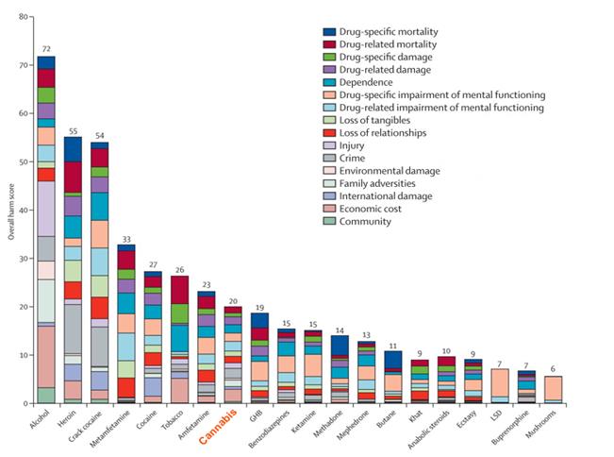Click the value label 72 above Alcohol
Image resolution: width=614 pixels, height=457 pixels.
point(45,47)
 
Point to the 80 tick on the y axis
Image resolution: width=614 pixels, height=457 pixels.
point(22,17)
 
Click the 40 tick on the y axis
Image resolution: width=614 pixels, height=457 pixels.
point(22,211)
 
